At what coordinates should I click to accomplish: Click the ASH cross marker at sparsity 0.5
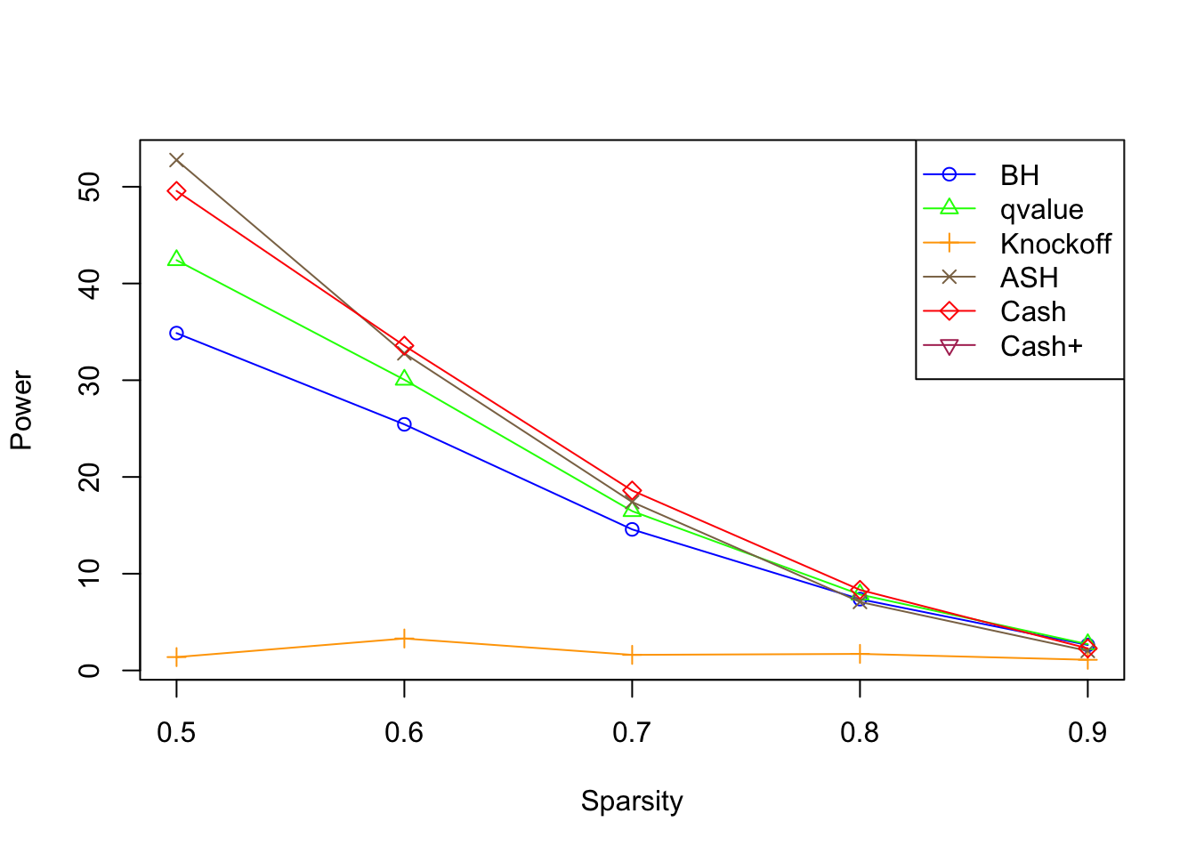(x=176, y=160)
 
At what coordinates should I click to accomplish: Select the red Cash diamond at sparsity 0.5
(x=176, y=191)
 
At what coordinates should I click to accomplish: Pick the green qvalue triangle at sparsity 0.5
(x=176, y=259)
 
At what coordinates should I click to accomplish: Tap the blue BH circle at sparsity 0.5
(x=176, y=334)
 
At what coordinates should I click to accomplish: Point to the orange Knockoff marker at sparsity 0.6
(x=404, y=639)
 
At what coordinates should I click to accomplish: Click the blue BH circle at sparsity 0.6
(x=404, y=424)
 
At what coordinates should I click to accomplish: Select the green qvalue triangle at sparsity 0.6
(x=404, y=379)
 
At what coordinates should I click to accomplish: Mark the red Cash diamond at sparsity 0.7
(x=632, y=491)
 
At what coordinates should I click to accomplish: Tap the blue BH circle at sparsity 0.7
(x=632, y=529)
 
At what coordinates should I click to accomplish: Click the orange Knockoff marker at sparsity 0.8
(x=860, y=655)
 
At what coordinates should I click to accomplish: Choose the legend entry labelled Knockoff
(x=1055, y=244)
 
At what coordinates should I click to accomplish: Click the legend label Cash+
(x=1041, y=346)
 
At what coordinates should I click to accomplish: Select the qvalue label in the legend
(x=1041, y=210)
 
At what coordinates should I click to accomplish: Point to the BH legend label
(x=1020, y=175)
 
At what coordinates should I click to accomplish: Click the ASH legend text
(x=1029, y=278)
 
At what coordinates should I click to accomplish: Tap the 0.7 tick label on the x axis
(x=632, y=732)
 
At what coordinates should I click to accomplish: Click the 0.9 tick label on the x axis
(x=1087, y=732)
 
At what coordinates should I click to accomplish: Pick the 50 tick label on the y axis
(x=89, y=187)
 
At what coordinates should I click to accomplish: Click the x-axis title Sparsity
(x=632, y=802)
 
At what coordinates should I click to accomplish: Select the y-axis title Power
(x=21, y=411)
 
